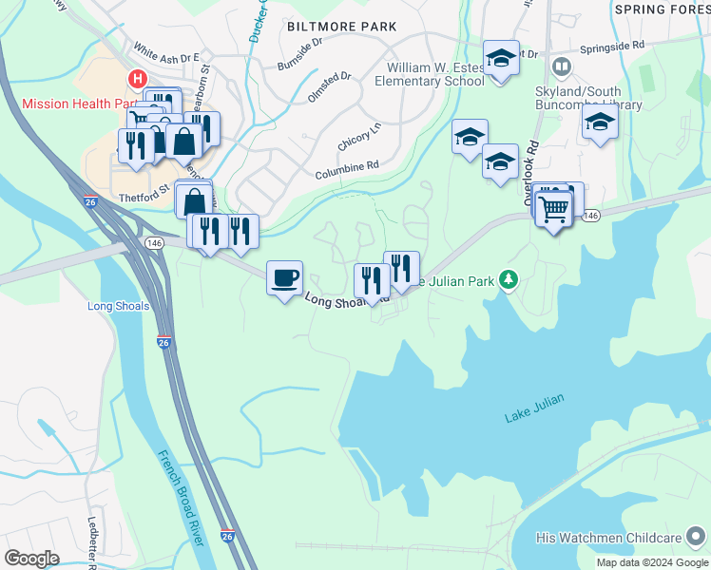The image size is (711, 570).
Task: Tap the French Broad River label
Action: (x=181, y=496)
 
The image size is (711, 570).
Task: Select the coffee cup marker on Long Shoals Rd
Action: (x=284, y=278)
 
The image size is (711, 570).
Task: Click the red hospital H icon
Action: (x=139, y=79)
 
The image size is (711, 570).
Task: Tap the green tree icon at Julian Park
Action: (x=509, y=279)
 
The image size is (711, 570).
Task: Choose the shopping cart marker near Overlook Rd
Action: (x=553, y=206)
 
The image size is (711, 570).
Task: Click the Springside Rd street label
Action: (x=612, y=45)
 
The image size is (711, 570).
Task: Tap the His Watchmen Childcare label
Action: (x=622, y=539)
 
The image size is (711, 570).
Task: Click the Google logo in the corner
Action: (x=31, y=559)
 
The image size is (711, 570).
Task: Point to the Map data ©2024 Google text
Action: (x=651, y=562)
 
